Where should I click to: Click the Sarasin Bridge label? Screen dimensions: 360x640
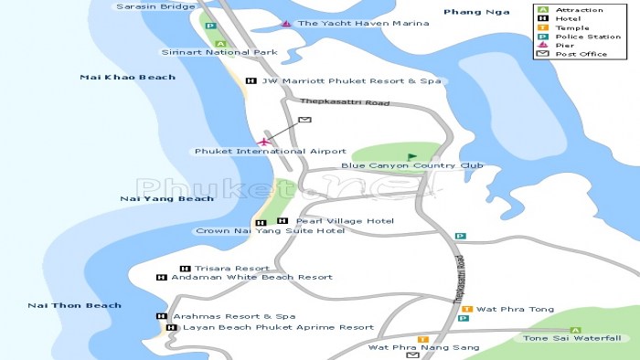pos(155,6)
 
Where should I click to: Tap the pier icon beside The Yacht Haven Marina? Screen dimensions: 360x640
pos(286,23)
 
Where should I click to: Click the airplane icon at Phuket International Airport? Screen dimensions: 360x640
pos(265,141)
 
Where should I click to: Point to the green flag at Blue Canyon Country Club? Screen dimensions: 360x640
pos(411,156)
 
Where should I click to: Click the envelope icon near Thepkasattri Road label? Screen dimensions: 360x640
pos(304,120)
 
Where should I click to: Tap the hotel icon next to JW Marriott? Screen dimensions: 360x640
pos(250,81)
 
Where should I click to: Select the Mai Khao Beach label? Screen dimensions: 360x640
pos(127,77)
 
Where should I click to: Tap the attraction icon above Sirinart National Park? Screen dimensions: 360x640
pos(219,43)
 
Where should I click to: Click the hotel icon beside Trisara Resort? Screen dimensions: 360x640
pos(184,269)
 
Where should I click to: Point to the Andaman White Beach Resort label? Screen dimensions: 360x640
pos(251,277)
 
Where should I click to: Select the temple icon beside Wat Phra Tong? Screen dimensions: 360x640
pos(466,309)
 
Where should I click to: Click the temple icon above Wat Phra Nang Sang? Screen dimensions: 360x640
pos(422,339)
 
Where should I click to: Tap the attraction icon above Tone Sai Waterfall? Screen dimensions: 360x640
pos(575,330)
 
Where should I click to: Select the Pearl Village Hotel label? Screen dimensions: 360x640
pos(345,221)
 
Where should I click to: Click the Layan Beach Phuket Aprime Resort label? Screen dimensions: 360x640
pos(278,327)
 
